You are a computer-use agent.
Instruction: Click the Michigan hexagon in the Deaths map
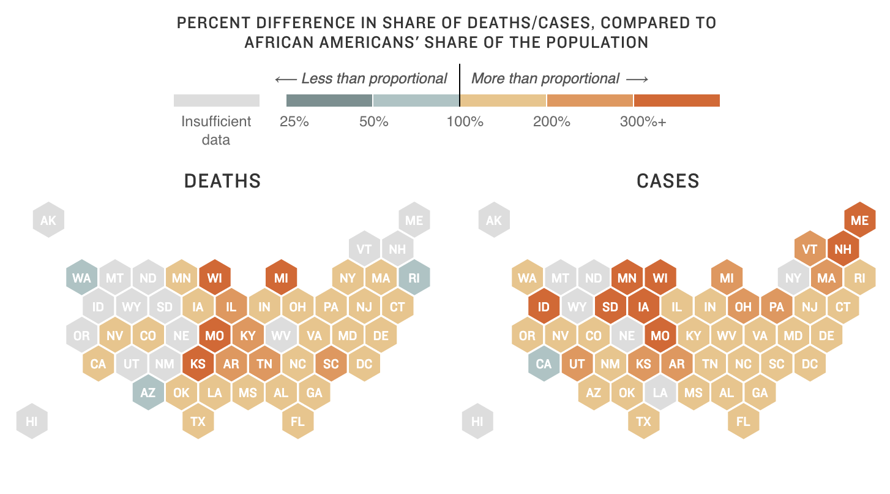coord(281,278)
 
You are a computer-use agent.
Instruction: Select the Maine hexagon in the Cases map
coord(859,220)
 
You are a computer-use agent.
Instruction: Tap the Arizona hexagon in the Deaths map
coord(148,392)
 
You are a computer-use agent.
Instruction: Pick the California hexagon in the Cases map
coord(544,364)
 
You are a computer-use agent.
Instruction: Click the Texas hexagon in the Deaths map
coord(198,421)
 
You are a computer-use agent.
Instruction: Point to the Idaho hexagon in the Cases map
coord(544,306)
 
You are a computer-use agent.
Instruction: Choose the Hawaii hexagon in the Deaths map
coord(31,421)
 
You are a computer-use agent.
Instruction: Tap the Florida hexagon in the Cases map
coord(743,421)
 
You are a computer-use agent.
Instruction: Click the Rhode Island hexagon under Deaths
coord(414,278)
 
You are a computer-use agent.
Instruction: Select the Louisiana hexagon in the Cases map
coord(660,392)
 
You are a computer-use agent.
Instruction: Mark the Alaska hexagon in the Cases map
coord(493,220)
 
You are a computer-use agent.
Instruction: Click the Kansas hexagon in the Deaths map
coord(198,364)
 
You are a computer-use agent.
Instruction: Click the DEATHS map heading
coord(222,181)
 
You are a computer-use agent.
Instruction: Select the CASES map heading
coord(668,181)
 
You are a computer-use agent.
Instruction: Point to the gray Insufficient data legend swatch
coord(217,101)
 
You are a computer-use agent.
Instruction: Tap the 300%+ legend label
coord(643,121)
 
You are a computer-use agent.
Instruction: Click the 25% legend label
coord(294,121)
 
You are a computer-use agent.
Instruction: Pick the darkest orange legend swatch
coord(676,101)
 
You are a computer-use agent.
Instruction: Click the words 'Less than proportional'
coord(374,78)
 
